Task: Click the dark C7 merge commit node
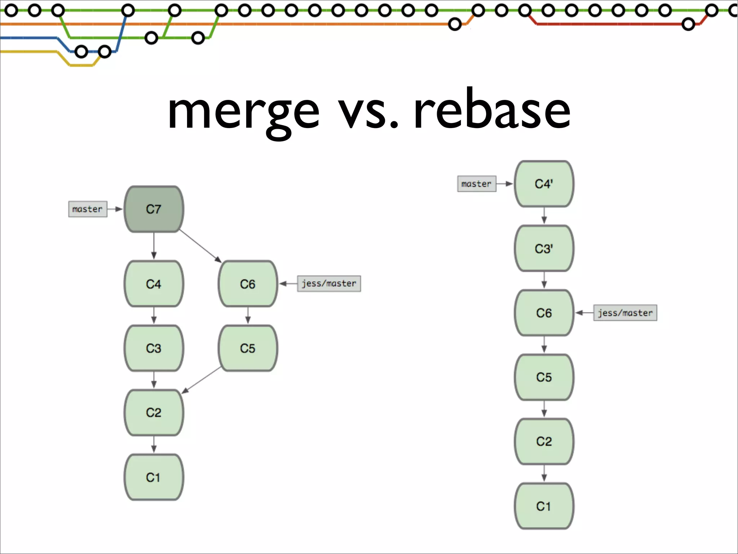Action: pos(154,209)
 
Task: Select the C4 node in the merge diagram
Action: pos(154,284)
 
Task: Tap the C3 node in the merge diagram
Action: pos(154,348)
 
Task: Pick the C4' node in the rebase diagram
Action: pos(544,184)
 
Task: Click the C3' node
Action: pos(544,249)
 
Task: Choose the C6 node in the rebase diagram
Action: pos(544,313)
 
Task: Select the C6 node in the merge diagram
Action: pos(248,284)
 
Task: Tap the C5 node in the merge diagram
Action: pos(248,348)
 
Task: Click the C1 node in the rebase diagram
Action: pos(544,506)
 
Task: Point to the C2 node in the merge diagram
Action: pos(154,412)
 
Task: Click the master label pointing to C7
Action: pos(88,209)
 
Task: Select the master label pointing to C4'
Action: pos(476,184)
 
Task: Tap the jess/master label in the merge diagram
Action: pos(329,283)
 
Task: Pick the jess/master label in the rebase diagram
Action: pos(625,313)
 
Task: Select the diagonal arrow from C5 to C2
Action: pos(202,380)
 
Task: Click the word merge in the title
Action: pos(244,112)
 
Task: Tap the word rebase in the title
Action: pos(492,110)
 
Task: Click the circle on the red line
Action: pos(688,25)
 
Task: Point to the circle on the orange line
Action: pos(455,25)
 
